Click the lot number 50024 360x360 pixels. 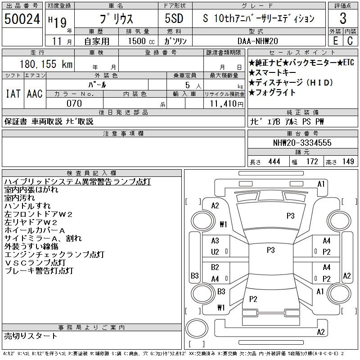(x=22, y=18)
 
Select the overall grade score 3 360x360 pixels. (x=343, y=18)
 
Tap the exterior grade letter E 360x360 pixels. (x=335, y=41)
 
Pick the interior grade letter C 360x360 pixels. (x=350, y=41)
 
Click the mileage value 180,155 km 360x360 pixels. (x=46, y=64)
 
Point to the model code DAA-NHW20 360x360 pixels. (x=257, y=41)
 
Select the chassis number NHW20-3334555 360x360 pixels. (x=302, y=143)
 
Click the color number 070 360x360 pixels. (x=74, y=103)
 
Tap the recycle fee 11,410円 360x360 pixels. (x=227, y=104)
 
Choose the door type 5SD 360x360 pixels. (x=174, y=18)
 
